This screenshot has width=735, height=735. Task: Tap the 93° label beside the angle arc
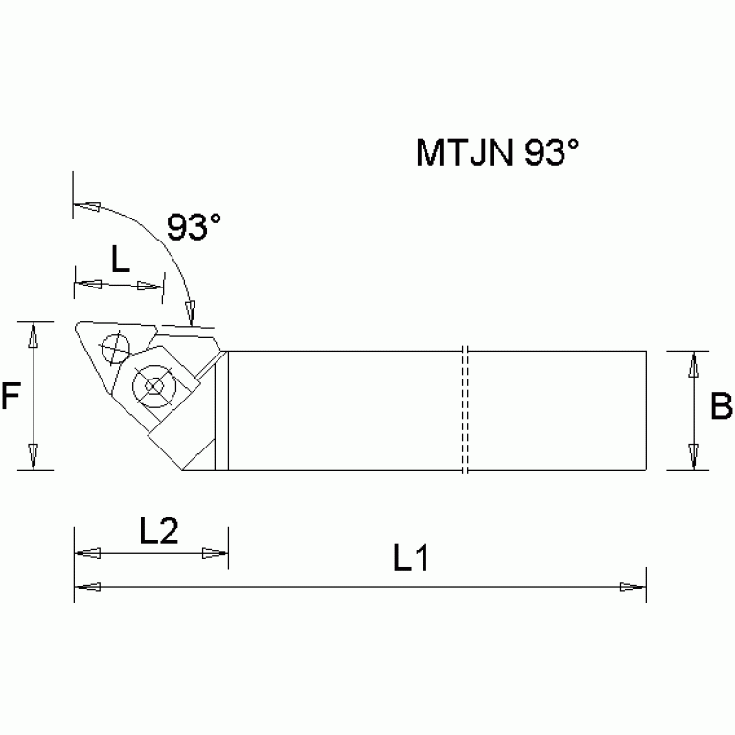(x=194, y=227)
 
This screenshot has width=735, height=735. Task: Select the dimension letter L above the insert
(x=120, y=261)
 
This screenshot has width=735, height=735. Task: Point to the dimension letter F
(x=11, y=397)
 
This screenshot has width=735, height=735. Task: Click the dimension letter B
(x=721, y=407)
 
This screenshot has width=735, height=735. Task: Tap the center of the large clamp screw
(x=153, y=388)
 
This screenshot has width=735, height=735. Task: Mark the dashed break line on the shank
(x=463, y=410)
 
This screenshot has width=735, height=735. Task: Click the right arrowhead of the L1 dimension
(x=632, y=586)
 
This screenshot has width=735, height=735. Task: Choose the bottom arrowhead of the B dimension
(x=695, y=457)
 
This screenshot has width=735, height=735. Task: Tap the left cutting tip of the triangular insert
(x=76, y=330)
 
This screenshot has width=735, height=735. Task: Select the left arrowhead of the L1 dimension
(x=87, y=586)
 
